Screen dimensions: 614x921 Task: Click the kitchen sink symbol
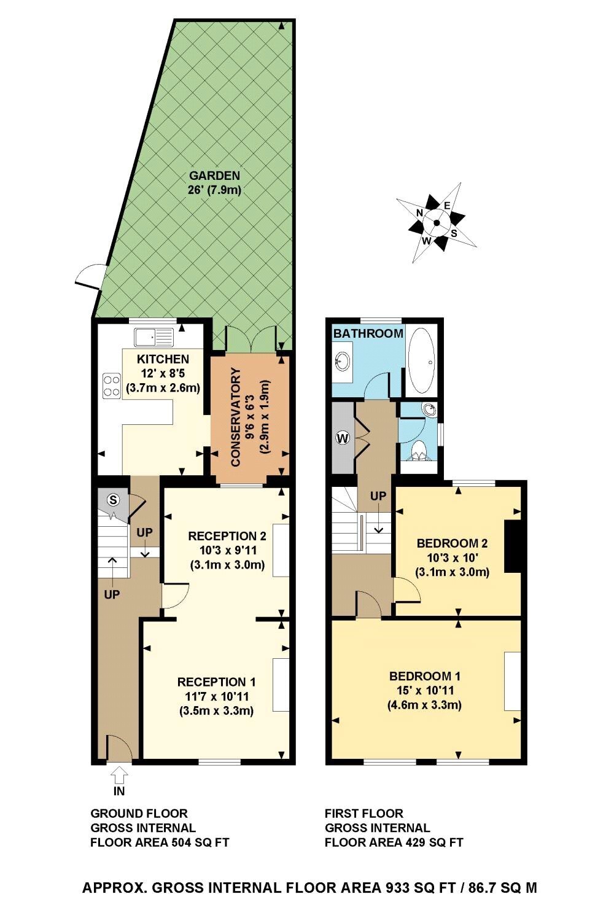tap(155, 337)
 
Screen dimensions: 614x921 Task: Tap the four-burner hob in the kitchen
tap(112, 386)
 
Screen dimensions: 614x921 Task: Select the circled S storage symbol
tap(113, 500)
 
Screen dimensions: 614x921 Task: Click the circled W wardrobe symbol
tap(343, 438)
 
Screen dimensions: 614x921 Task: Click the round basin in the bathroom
tap(342, 362)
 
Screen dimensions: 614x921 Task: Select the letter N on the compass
tap(420, 212)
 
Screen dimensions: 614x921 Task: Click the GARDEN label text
tap(214, 176)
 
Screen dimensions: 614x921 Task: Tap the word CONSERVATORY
tap(235, 417)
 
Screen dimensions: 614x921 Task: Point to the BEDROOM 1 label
tap(425, 676)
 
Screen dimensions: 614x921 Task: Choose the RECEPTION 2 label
tap(227, 536)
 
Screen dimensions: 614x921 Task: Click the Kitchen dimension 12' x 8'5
tap(163, 374)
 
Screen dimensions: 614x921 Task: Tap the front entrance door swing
tap(120, 748)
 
